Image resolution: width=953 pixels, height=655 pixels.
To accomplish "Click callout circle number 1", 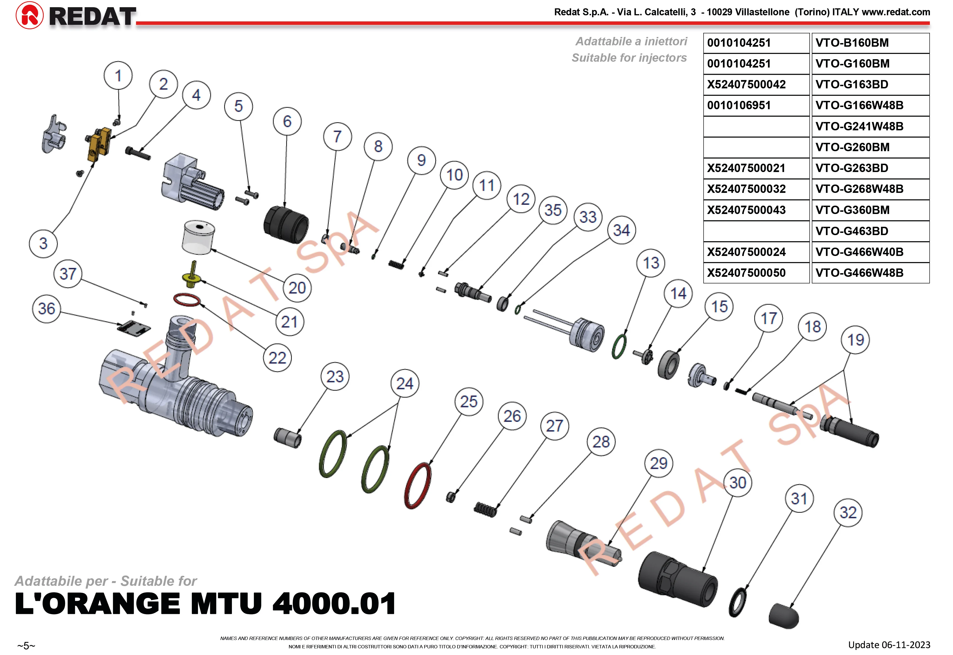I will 118,76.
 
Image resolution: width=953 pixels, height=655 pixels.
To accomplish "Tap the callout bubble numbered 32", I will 848,513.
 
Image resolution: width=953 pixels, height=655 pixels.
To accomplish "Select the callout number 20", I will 297,288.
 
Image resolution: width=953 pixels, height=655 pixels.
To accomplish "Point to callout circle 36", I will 46,309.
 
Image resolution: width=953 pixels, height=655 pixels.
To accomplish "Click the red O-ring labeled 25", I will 418,486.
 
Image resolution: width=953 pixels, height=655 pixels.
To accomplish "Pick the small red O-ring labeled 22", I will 187,300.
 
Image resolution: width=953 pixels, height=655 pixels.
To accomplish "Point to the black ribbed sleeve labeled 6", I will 286,225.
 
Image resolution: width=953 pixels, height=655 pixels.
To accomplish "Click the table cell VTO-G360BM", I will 870,210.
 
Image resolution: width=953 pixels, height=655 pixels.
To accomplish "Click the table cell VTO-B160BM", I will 870,43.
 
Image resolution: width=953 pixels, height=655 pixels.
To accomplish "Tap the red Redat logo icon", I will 29,16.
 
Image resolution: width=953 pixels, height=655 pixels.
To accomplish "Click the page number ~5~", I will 26,646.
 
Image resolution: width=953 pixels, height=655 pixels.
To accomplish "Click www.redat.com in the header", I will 896,12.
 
